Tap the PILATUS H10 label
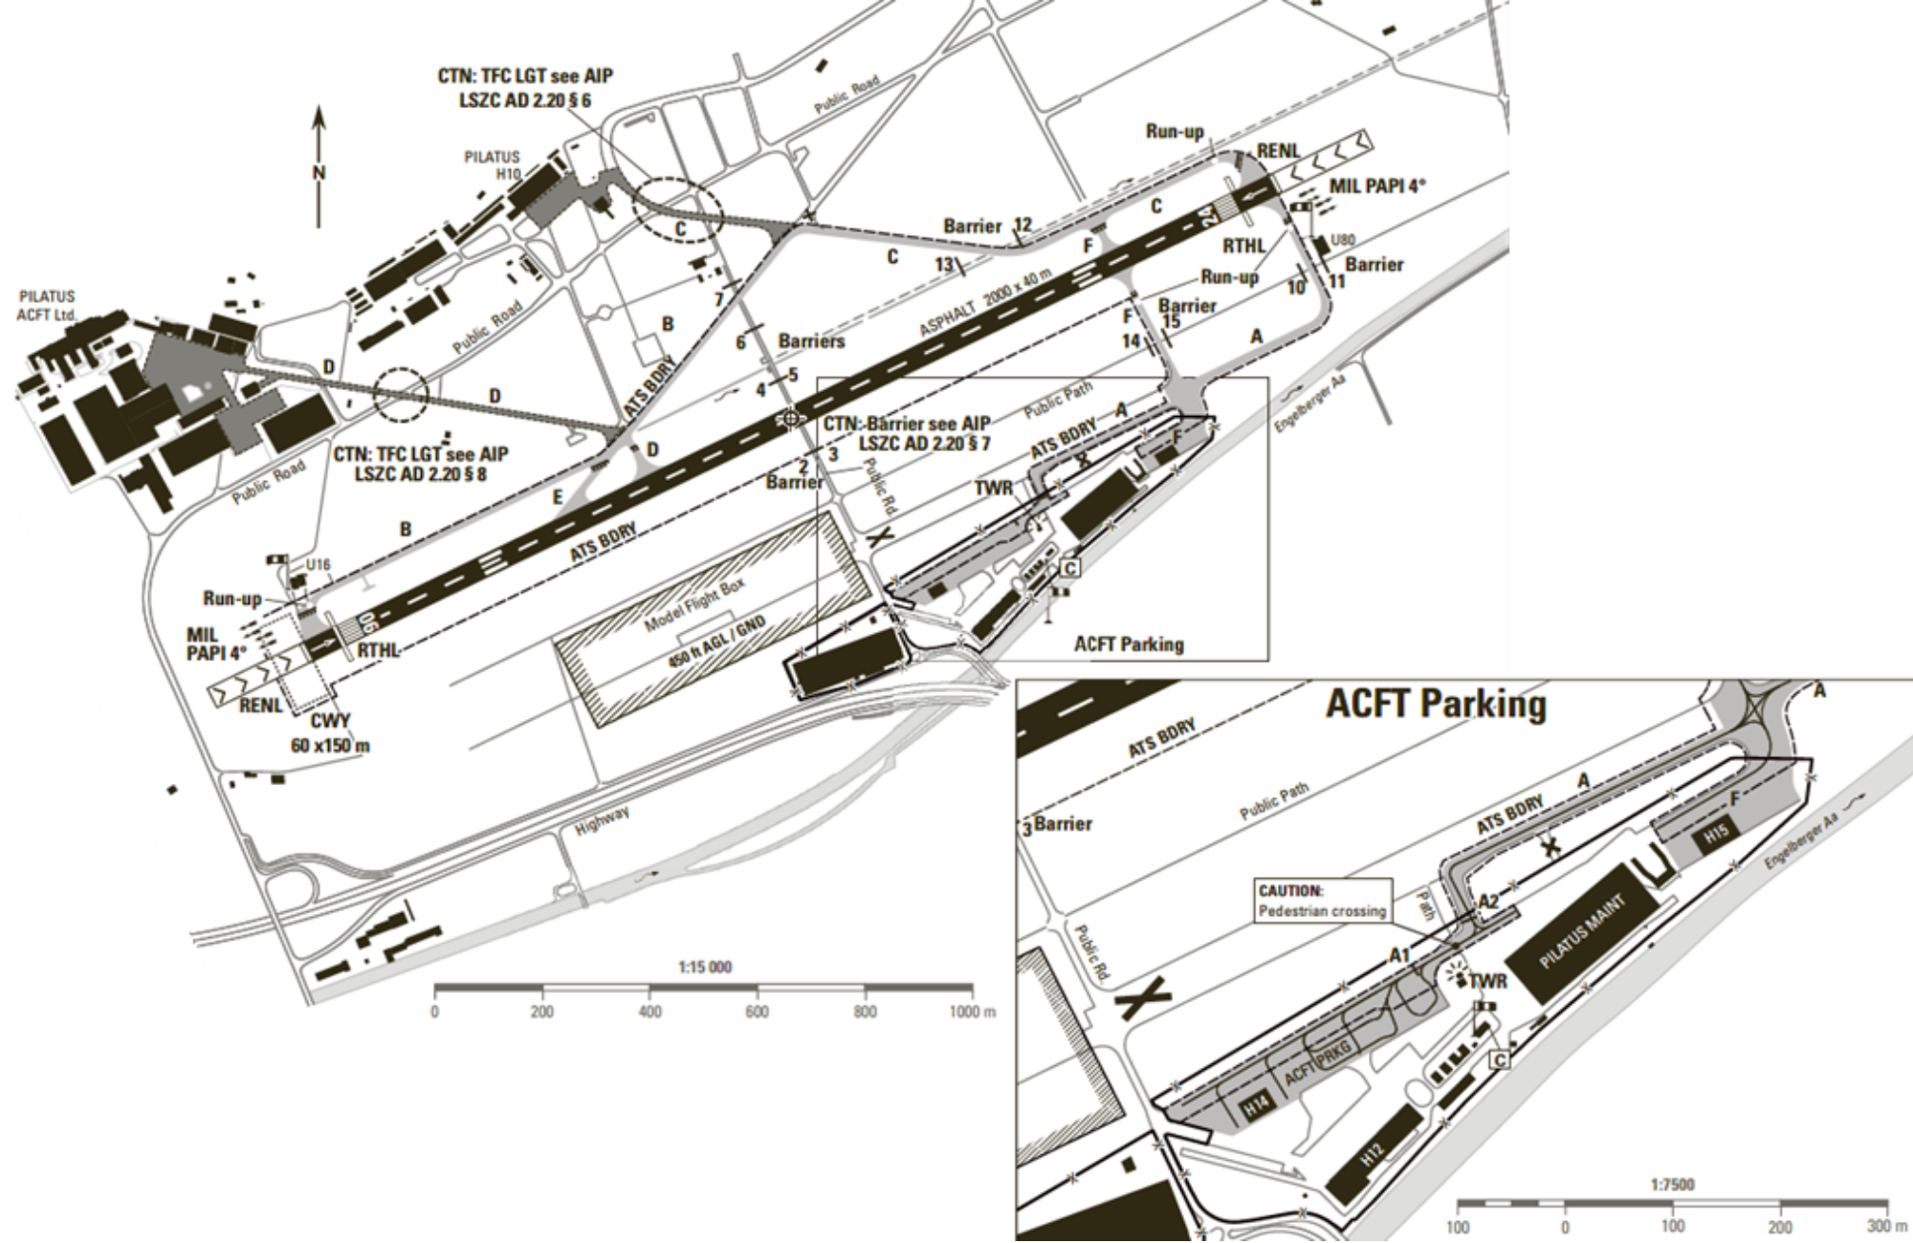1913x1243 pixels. (492, 164)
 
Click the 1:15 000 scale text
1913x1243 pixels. (705, 967)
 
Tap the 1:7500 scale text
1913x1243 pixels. (1672, 1185)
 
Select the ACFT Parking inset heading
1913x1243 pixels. (1435, 706)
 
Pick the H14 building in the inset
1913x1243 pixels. (1256, 1107)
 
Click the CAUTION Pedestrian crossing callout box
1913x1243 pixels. (1322, 901)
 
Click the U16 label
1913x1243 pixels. (318, 565)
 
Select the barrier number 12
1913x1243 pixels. (1022, 226)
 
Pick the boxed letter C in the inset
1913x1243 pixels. (1500, 1059)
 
